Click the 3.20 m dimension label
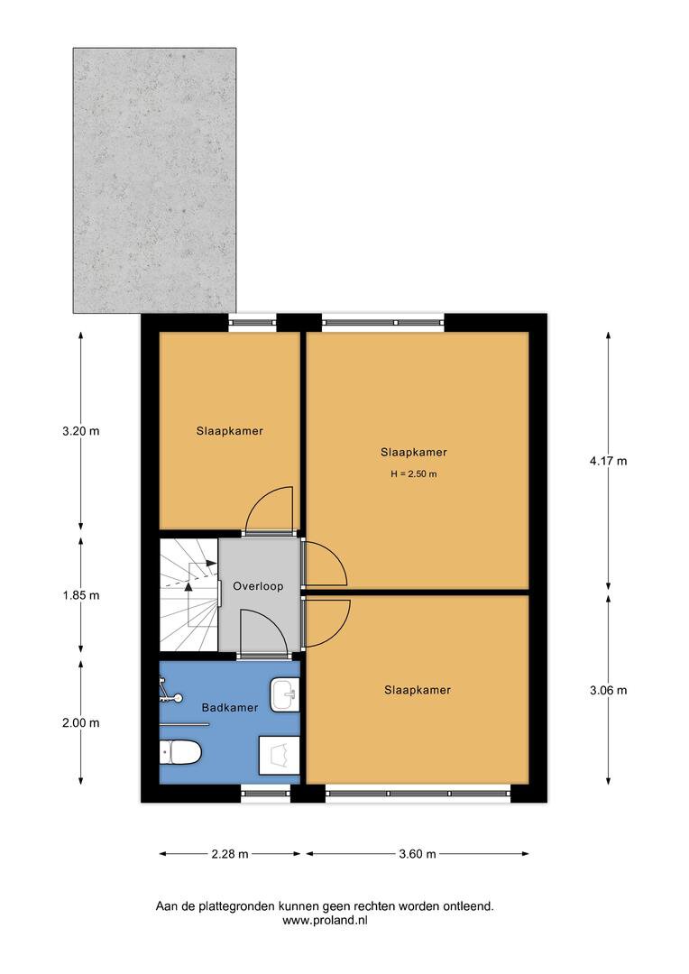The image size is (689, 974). click(81, 431)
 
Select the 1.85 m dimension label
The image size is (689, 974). click(81, 595)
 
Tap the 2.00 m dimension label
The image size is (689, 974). click(81, 722)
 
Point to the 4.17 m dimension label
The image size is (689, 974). click(608, 461)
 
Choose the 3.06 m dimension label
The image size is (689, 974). click(608, 690)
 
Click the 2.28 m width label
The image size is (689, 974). click(230, 854)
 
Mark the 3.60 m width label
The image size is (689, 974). click(418, 854)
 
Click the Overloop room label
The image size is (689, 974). click(258, 586)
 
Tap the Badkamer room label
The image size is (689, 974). click(230, 708)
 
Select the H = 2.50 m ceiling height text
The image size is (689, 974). click(414, 474)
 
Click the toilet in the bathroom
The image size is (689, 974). click(180, 753)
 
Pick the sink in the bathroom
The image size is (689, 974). click(285, 694)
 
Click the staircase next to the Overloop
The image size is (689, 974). click(188, 595)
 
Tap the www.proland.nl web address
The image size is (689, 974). click(325, 921)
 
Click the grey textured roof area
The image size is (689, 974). click(155, 180)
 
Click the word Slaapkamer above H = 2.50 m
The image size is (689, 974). click(414, 452)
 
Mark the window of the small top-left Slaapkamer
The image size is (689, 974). click(253, 322)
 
